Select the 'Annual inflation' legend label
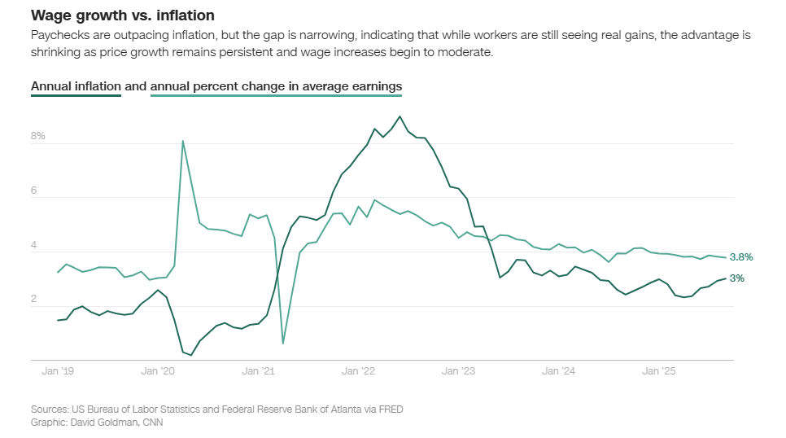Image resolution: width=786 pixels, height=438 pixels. pyautogui.click(x=76, y=86)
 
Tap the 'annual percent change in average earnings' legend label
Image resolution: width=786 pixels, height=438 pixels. pyautogui.click(x=276, y=86)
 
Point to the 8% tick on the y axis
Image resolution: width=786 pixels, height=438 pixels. pyautogui.click(x=37, y=136)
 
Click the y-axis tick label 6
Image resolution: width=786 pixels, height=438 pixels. pyautogui.click(x=35, y=191)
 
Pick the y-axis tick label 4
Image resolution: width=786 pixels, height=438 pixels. pyautogui.click(x=35, y=245)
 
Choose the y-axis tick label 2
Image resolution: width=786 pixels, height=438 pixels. pyautogui.click(x=35, y=300)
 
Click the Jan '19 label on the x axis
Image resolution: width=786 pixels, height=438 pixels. pyautogui.click(x=58, y=371)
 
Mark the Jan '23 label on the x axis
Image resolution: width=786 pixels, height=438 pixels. pyautogui.click(x=458, y=371)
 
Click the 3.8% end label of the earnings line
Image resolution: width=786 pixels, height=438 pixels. pyautogui.click(x=741, y=257)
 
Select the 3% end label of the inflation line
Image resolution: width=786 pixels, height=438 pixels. pyautogui.click(x=736, y=278)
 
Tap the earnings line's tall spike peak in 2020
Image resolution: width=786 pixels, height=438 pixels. pyautogui.click(x=182, y=141)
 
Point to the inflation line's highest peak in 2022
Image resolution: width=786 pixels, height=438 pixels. pyautogui.click(x=400, y=116)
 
